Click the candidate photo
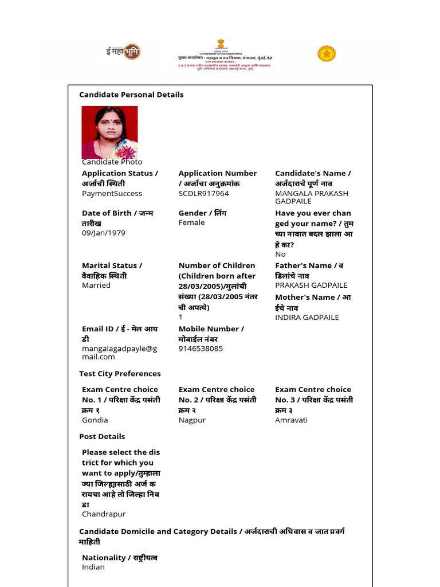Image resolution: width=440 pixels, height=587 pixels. coord(109,132)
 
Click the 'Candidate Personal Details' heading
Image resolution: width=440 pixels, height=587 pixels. coord(131,95)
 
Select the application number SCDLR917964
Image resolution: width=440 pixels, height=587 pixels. coord(203,194)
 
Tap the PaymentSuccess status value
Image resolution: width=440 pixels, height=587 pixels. coord(112,194)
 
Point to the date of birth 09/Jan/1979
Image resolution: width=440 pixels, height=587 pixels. coord(103,233)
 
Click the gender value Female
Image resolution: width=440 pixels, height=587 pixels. coord(191,223)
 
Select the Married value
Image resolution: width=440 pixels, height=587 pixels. coord(96,285)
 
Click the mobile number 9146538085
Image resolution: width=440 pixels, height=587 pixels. coord(201,349)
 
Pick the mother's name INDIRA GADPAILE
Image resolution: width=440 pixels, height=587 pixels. coord(307,318)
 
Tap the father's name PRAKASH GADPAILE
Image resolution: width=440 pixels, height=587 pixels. coord(311,285)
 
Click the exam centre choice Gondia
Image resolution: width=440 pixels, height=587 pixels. coord(95,420)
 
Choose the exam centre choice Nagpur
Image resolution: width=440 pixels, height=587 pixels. coord(192,420)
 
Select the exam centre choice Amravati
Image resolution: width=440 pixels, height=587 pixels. coord(291,420)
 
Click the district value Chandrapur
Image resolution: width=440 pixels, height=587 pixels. coord(104,514)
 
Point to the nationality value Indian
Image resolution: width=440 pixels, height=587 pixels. coord(93,567)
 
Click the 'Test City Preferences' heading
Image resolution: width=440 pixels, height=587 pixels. coord(120,374)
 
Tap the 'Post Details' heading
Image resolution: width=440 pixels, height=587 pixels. coord(102,437)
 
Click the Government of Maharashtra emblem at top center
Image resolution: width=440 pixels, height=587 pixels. coord(221,45)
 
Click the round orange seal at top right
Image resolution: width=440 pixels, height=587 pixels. coord(327,54)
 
